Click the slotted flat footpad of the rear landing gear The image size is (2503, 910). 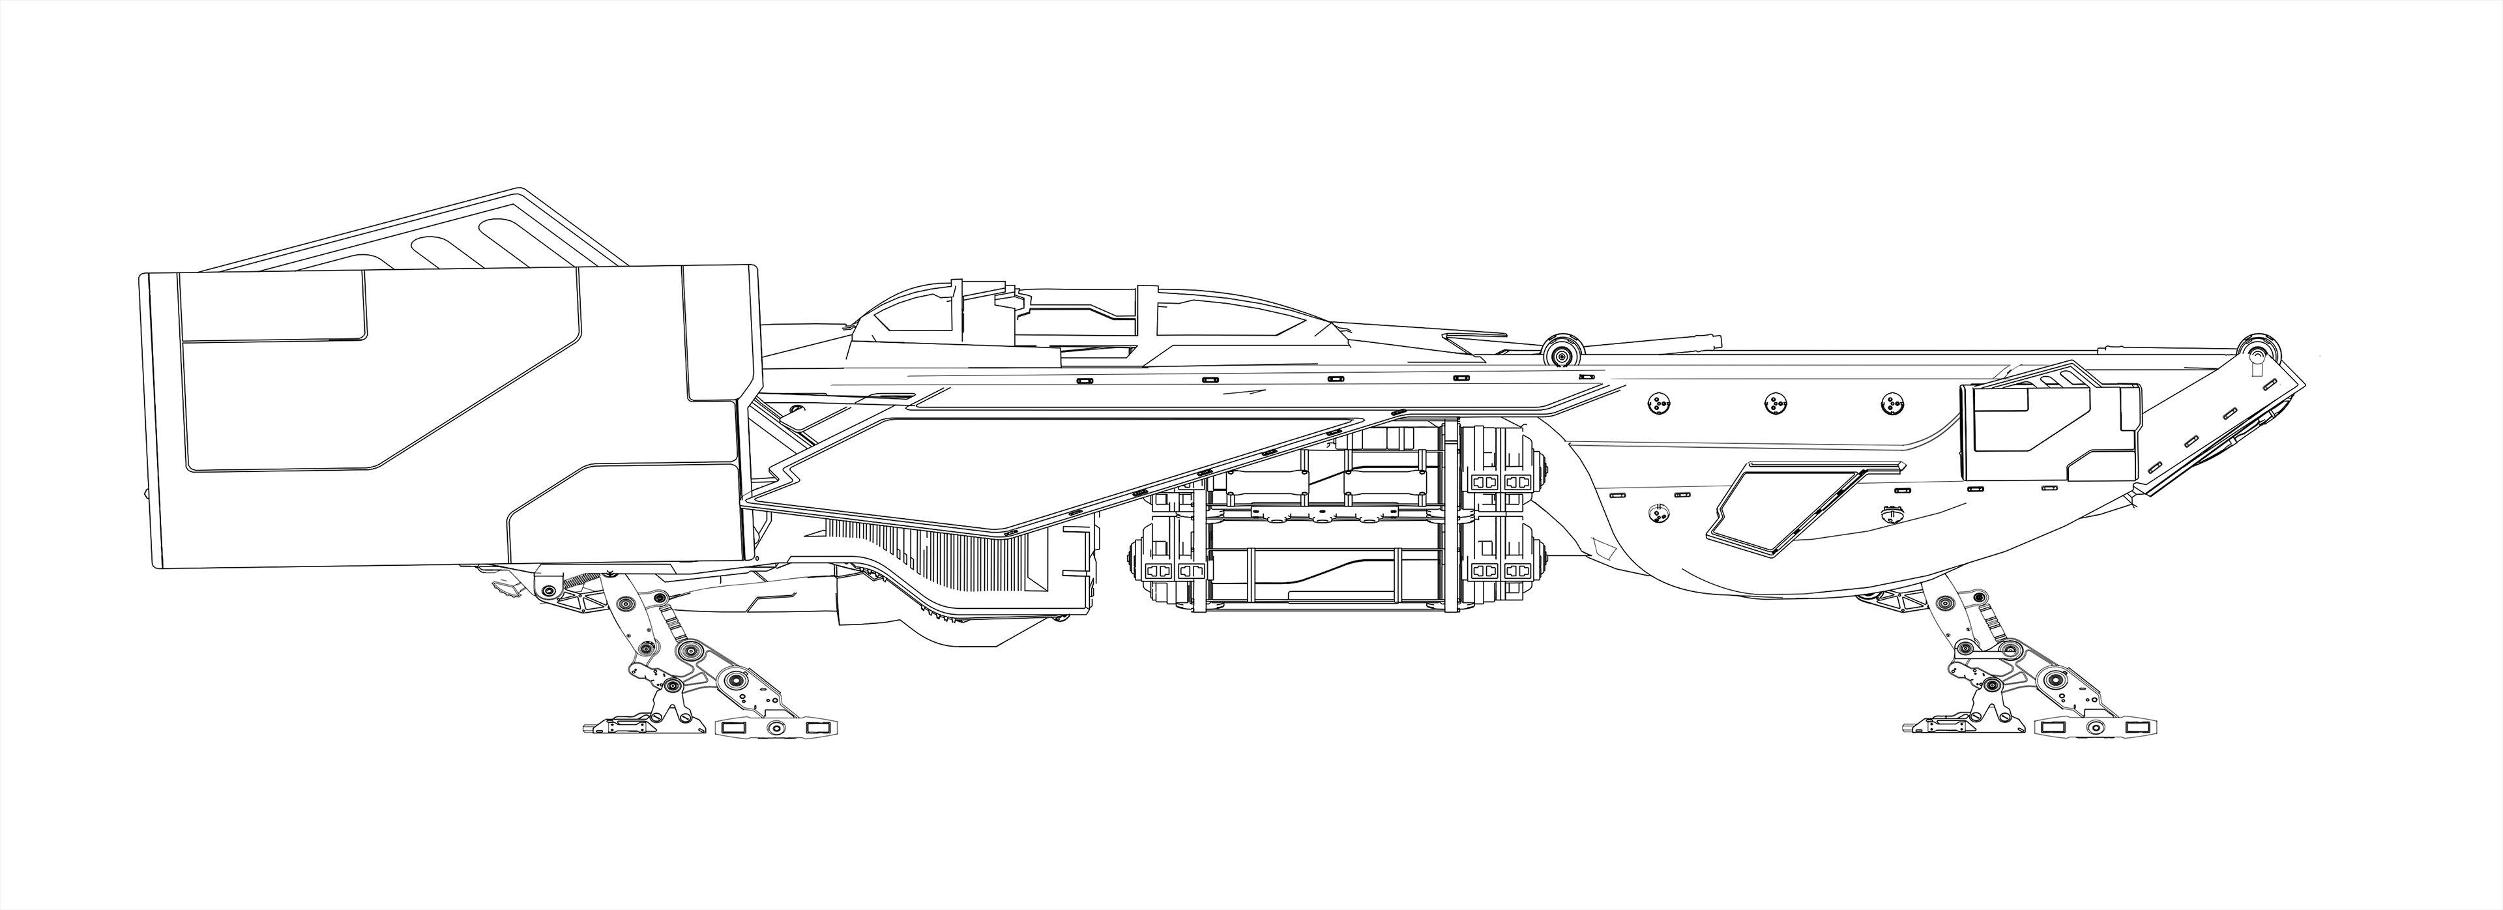[x=776, y=728]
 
